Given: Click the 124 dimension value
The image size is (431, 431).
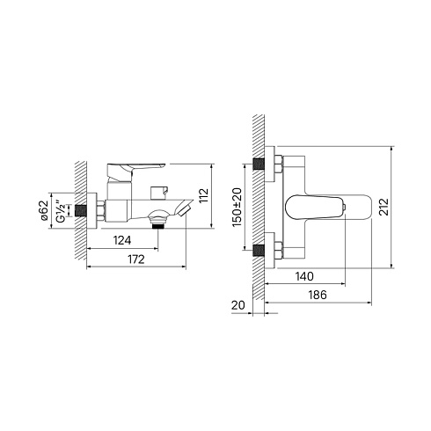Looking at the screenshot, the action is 122,240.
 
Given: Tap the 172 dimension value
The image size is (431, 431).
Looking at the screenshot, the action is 136,259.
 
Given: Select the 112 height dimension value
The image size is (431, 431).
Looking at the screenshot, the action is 203,195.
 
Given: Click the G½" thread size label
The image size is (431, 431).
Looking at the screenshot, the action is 61,211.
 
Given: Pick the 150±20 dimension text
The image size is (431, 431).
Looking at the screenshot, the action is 237,207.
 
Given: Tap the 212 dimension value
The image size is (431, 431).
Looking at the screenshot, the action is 384,207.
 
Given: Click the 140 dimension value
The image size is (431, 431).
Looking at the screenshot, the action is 304,276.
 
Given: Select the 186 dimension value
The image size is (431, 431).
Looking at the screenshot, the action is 318,295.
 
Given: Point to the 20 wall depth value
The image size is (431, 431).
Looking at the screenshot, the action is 237,305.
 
